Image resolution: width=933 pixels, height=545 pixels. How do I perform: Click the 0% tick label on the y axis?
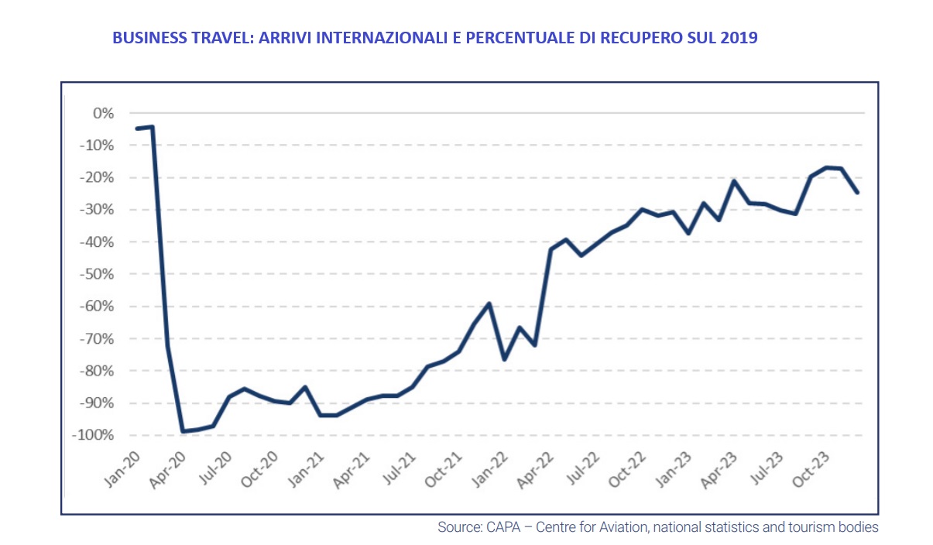coord(103,114)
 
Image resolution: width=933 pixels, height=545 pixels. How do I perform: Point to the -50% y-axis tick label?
coord(95,275)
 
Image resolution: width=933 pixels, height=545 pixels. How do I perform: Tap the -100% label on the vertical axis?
coord(91,436)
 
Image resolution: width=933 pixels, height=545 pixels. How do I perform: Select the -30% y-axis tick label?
coord(95,211)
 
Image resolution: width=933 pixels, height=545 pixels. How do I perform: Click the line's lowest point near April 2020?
coord(183,431)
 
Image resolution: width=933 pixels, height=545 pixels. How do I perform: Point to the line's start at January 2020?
coord(137,129)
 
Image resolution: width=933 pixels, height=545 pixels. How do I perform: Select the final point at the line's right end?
coord(857,193)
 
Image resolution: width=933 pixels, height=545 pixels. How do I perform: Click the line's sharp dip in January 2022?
coord(504,359)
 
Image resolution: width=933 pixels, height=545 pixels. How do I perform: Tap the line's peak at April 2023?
coord(733,181)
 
